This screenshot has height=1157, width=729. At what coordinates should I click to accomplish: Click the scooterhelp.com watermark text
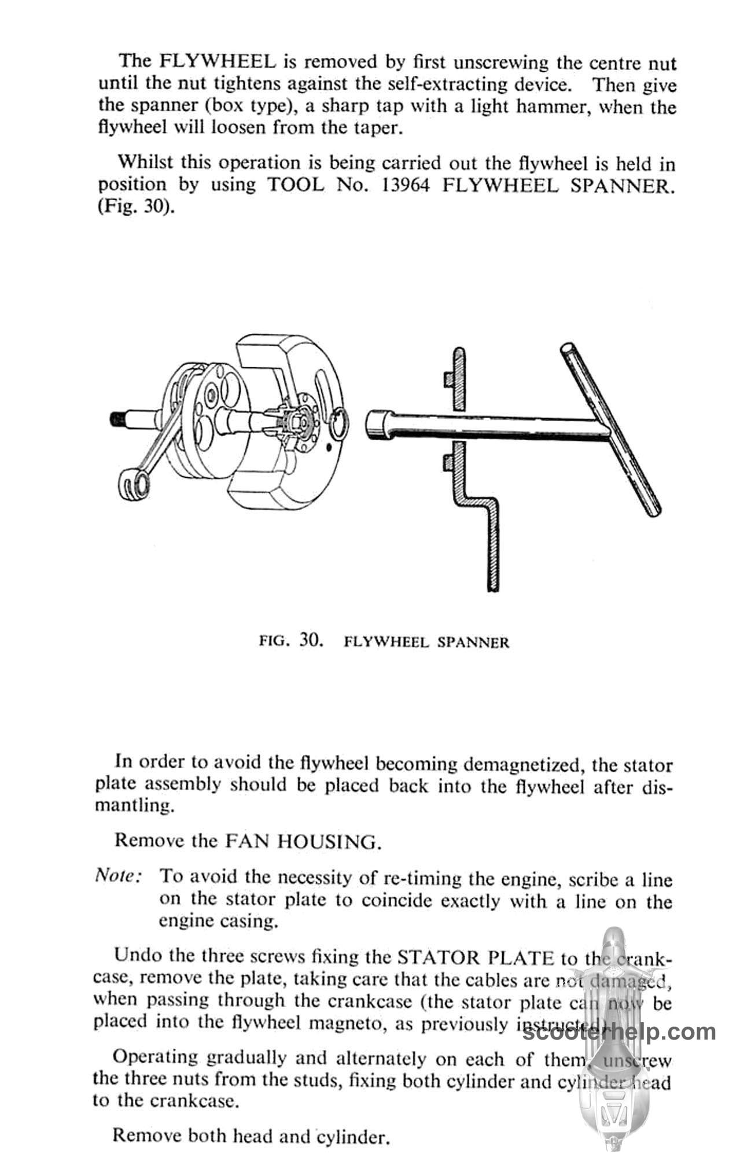point(619,1032)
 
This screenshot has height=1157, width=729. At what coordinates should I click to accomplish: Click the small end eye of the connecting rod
point(131,482)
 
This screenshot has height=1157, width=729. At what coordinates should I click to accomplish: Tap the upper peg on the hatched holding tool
point(448,379)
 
